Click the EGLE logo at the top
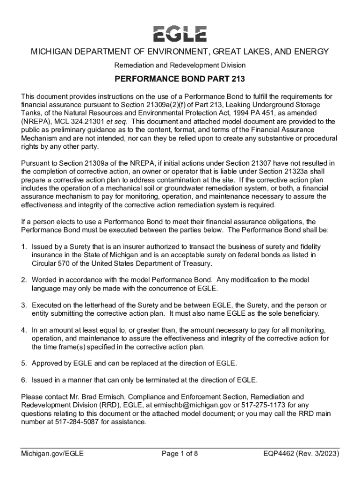pyautogui.click(x=180, y=34)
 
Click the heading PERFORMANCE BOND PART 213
pyautogui.click(x=180, y=80)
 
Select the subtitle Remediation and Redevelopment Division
pyautogui.click(x=180, y=65)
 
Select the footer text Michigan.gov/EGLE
pyautogui.click(x=52, y=453)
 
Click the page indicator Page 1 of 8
pyautogui.click(x=180, y=453)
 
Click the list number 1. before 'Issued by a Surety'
pyautogui.click(x=24, y=247)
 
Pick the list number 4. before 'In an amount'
pyautogui.click(x=24, y=330)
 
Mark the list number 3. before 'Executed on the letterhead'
pyautogui.click(x=24, y=305)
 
